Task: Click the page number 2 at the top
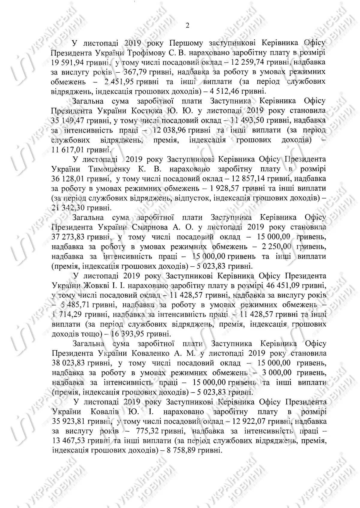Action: (187, 26)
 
